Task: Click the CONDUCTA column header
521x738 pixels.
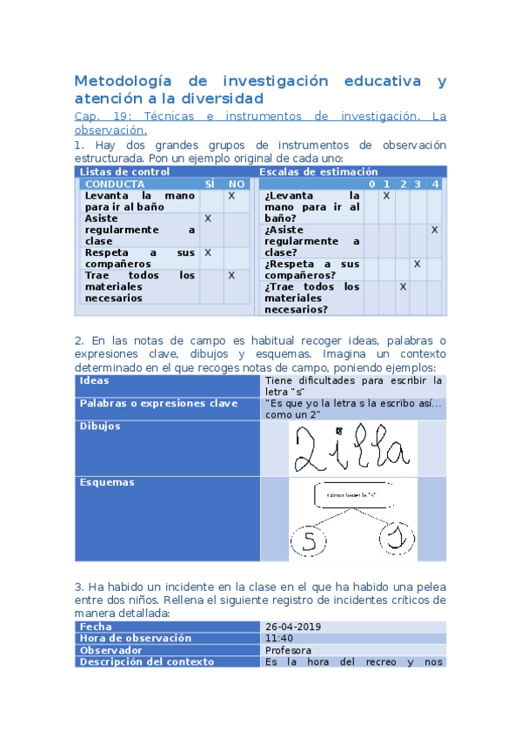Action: tap(115, 184)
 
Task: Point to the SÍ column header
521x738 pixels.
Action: tap(210, 184)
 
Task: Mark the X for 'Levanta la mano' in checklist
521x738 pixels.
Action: tap(232, 197)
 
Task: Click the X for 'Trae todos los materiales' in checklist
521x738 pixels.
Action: tap(232, 275)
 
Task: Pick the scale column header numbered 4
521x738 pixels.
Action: tap(435, 184)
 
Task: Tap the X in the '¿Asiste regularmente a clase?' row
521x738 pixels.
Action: tap(434, 230)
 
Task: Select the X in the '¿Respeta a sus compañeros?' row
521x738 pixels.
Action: tap(417, 264)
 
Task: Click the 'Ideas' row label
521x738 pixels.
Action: tap(95, 380)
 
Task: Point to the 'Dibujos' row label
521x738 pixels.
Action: tap(99, 426)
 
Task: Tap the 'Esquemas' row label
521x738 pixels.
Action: tap(104, 482)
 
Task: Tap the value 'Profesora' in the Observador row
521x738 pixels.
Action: tap(290, 650)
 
